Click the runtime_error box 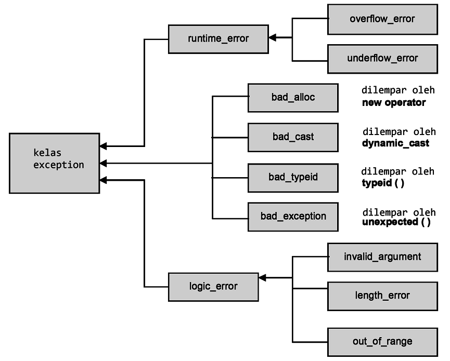[218, 39]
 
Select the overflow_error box [382, 19]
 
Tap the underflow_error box [382, 58]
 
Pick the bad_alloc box [293, 97]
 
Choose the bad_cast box [293, 137]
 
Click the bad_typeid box [293, 177]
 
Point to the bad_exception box [293, 216]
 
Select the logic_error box [213, 286]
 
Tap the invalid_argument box [382, 257]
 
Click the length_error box [382, 296]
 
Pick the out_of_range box [382, 341]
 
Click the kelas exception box [54, 163]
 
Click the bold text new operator [394, 103]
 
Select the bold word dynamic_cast [395, 143]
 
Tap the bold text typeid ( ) [383, 183]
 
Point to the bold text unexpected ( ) [396, 222]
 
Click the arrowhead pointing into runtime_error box [272, 38]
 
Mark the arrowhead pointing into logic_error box [262, 278]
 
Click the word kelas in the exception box [47, 153]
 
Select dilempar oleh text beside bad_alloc [398, 90]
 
